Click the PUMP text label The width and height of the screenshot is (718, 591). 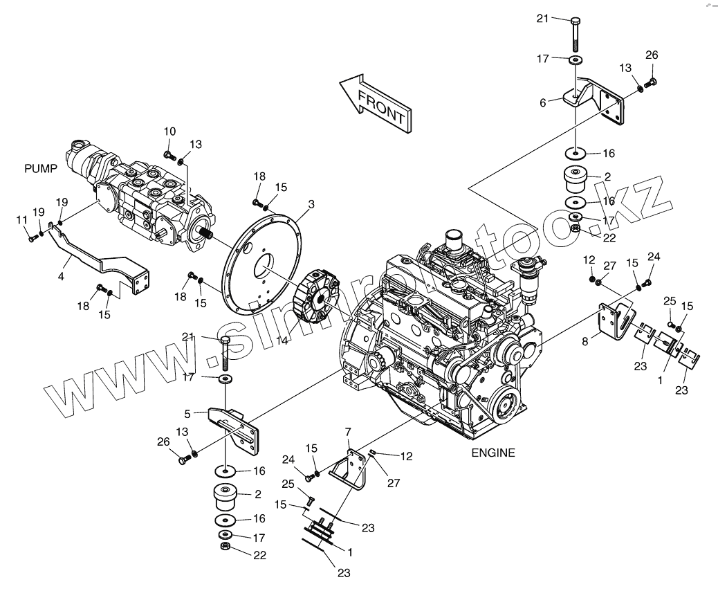tap(39, 168)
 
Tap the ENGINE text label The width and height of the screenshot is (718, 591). tap(493, 453)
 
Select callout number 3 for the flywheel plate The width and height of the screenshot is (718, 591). tap(311, 204)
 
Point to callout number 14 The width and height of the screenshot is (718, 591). tap(280, 341)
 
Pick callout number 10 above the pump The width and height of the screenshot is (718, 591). tap(170, 131)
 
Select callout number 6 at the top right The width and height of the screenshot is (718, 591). tap(543, 102)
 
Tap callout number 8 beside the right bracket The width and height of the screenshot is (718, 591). tap(585, 340)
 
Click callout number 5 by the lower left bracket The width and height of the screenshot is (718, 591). tap(187, 415)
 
